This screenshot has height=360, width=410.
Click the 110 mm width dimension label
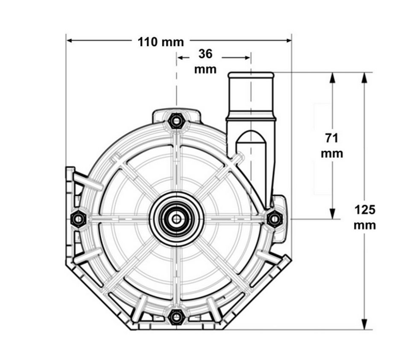pos(161,42)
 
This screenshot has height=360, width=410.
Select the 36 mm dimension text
pos(205,61)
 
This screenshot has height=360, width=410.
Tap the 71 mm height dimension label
pos(332,146)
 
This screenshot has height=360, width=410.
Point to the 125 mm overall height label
pos(365,217)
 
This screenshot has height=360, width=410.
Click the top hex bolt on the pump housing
pos(176,121)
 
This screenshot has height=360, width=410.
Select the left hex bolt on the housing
pos(78,219)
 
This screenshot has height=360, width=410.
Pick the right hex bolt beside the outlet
pos(274,219)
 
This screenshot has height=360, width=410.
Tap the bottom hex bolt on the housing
pos(176,317)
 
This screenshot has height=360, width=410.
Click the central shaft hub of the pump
pos(176,219)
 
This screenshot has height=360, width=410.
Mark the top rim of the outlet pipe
pos(251,75)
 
